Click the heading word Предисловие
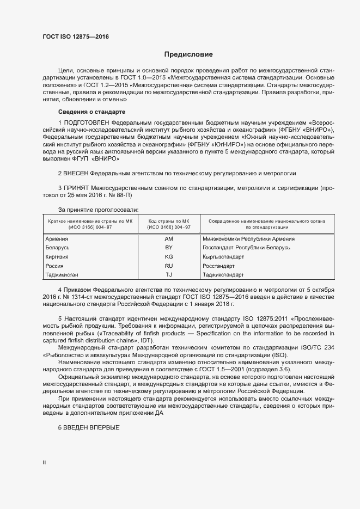[188, 54]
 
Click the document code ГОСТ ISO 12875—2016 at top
[76, 36]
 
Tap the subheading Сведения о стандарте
[88, 112]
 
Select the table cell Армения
[57, 238]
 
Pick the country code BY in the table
[168, 248]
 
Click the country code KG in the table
[168, 256]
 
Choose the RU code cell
[168, 266]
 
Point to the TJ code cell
[168, 274]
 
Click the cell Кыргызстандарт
[223, 256]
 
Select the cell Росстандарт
[218, 266]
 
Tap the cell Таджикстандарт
[223, 274]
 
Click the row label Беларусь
[57, 248]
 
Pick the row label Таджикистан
[62, 274]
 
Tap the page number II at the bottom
[44, 462]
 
